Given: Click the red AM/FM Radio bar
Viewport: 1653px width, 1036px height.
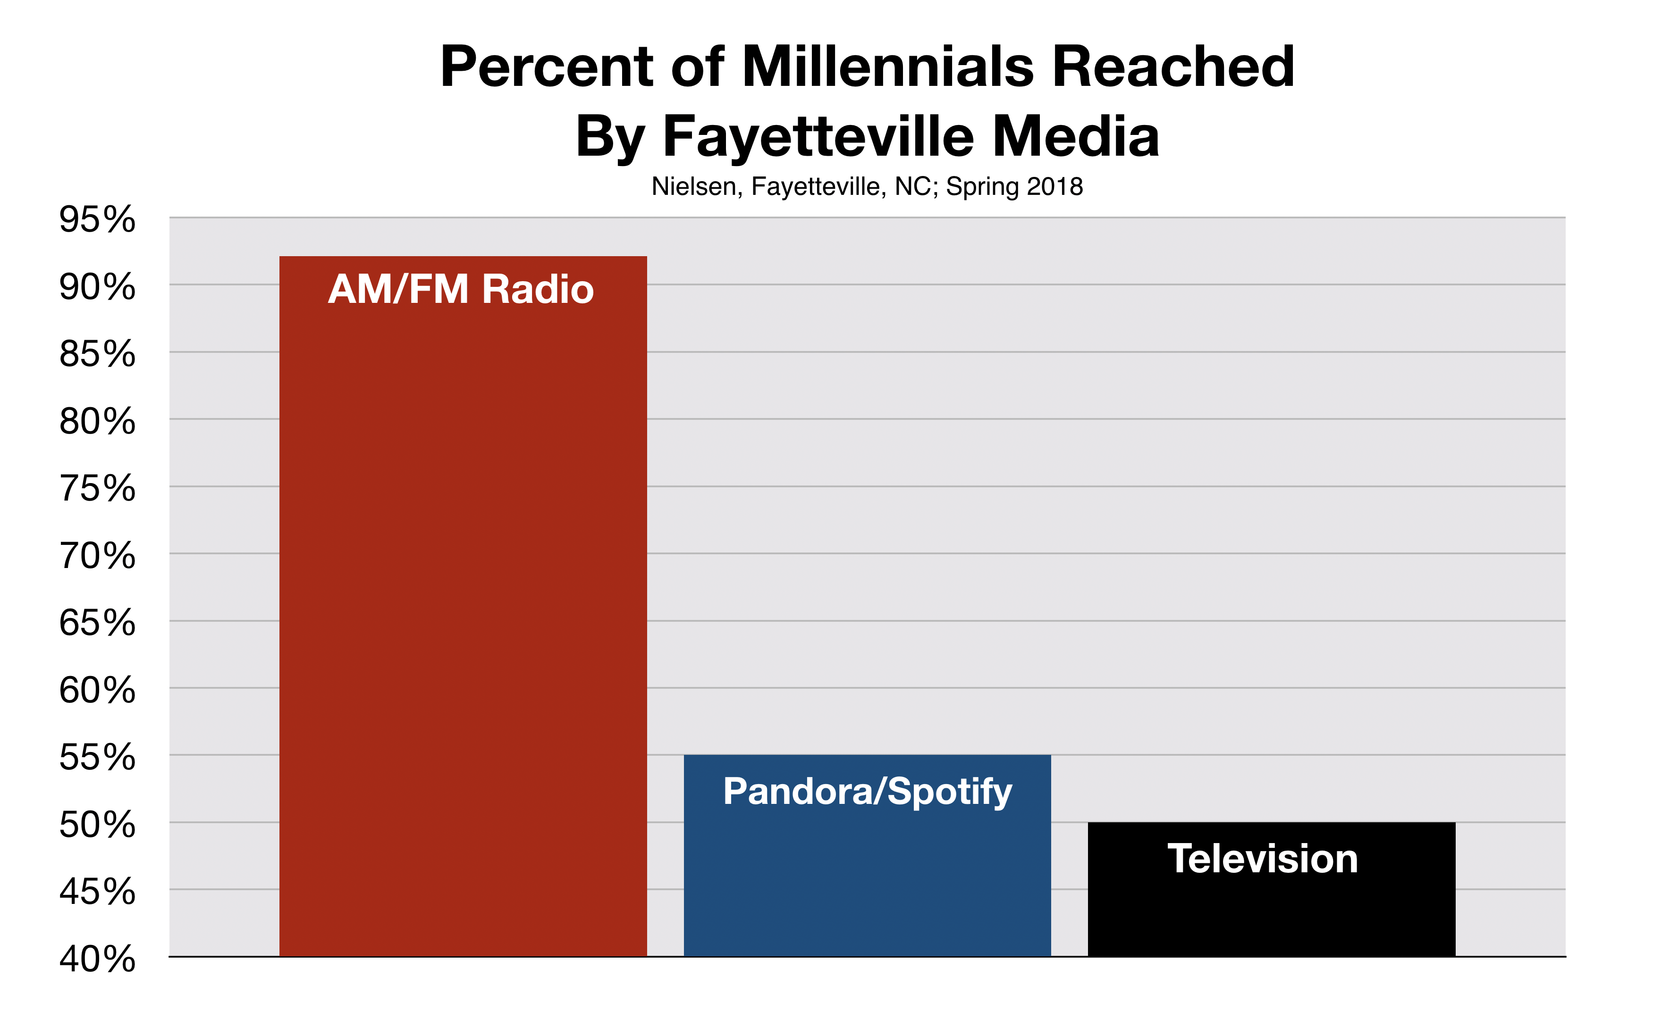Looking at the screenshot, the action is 463,606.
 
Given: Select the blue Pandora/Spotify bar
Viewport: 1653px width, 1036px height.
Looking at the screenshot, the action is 867,855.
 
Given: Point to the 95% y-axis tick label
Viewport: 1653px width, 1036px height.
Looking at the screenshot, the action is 97,219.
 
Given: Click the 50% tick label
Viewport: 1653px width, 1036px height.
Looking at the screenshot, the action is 97,824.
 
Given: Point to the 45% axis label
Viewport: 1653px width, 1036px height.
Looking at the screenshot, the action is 97,892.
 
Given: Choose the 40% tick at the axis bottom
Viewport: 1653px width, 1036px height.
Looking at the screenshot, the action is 97,959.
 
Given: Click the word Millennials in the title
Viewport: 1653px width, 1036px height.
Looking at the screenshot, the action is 887,67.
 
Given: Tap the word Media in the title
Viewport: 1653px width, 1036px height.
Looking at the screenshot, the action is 1075,136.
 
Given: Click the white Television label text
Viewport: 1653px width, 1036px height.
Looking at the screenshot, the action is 1262,859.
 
